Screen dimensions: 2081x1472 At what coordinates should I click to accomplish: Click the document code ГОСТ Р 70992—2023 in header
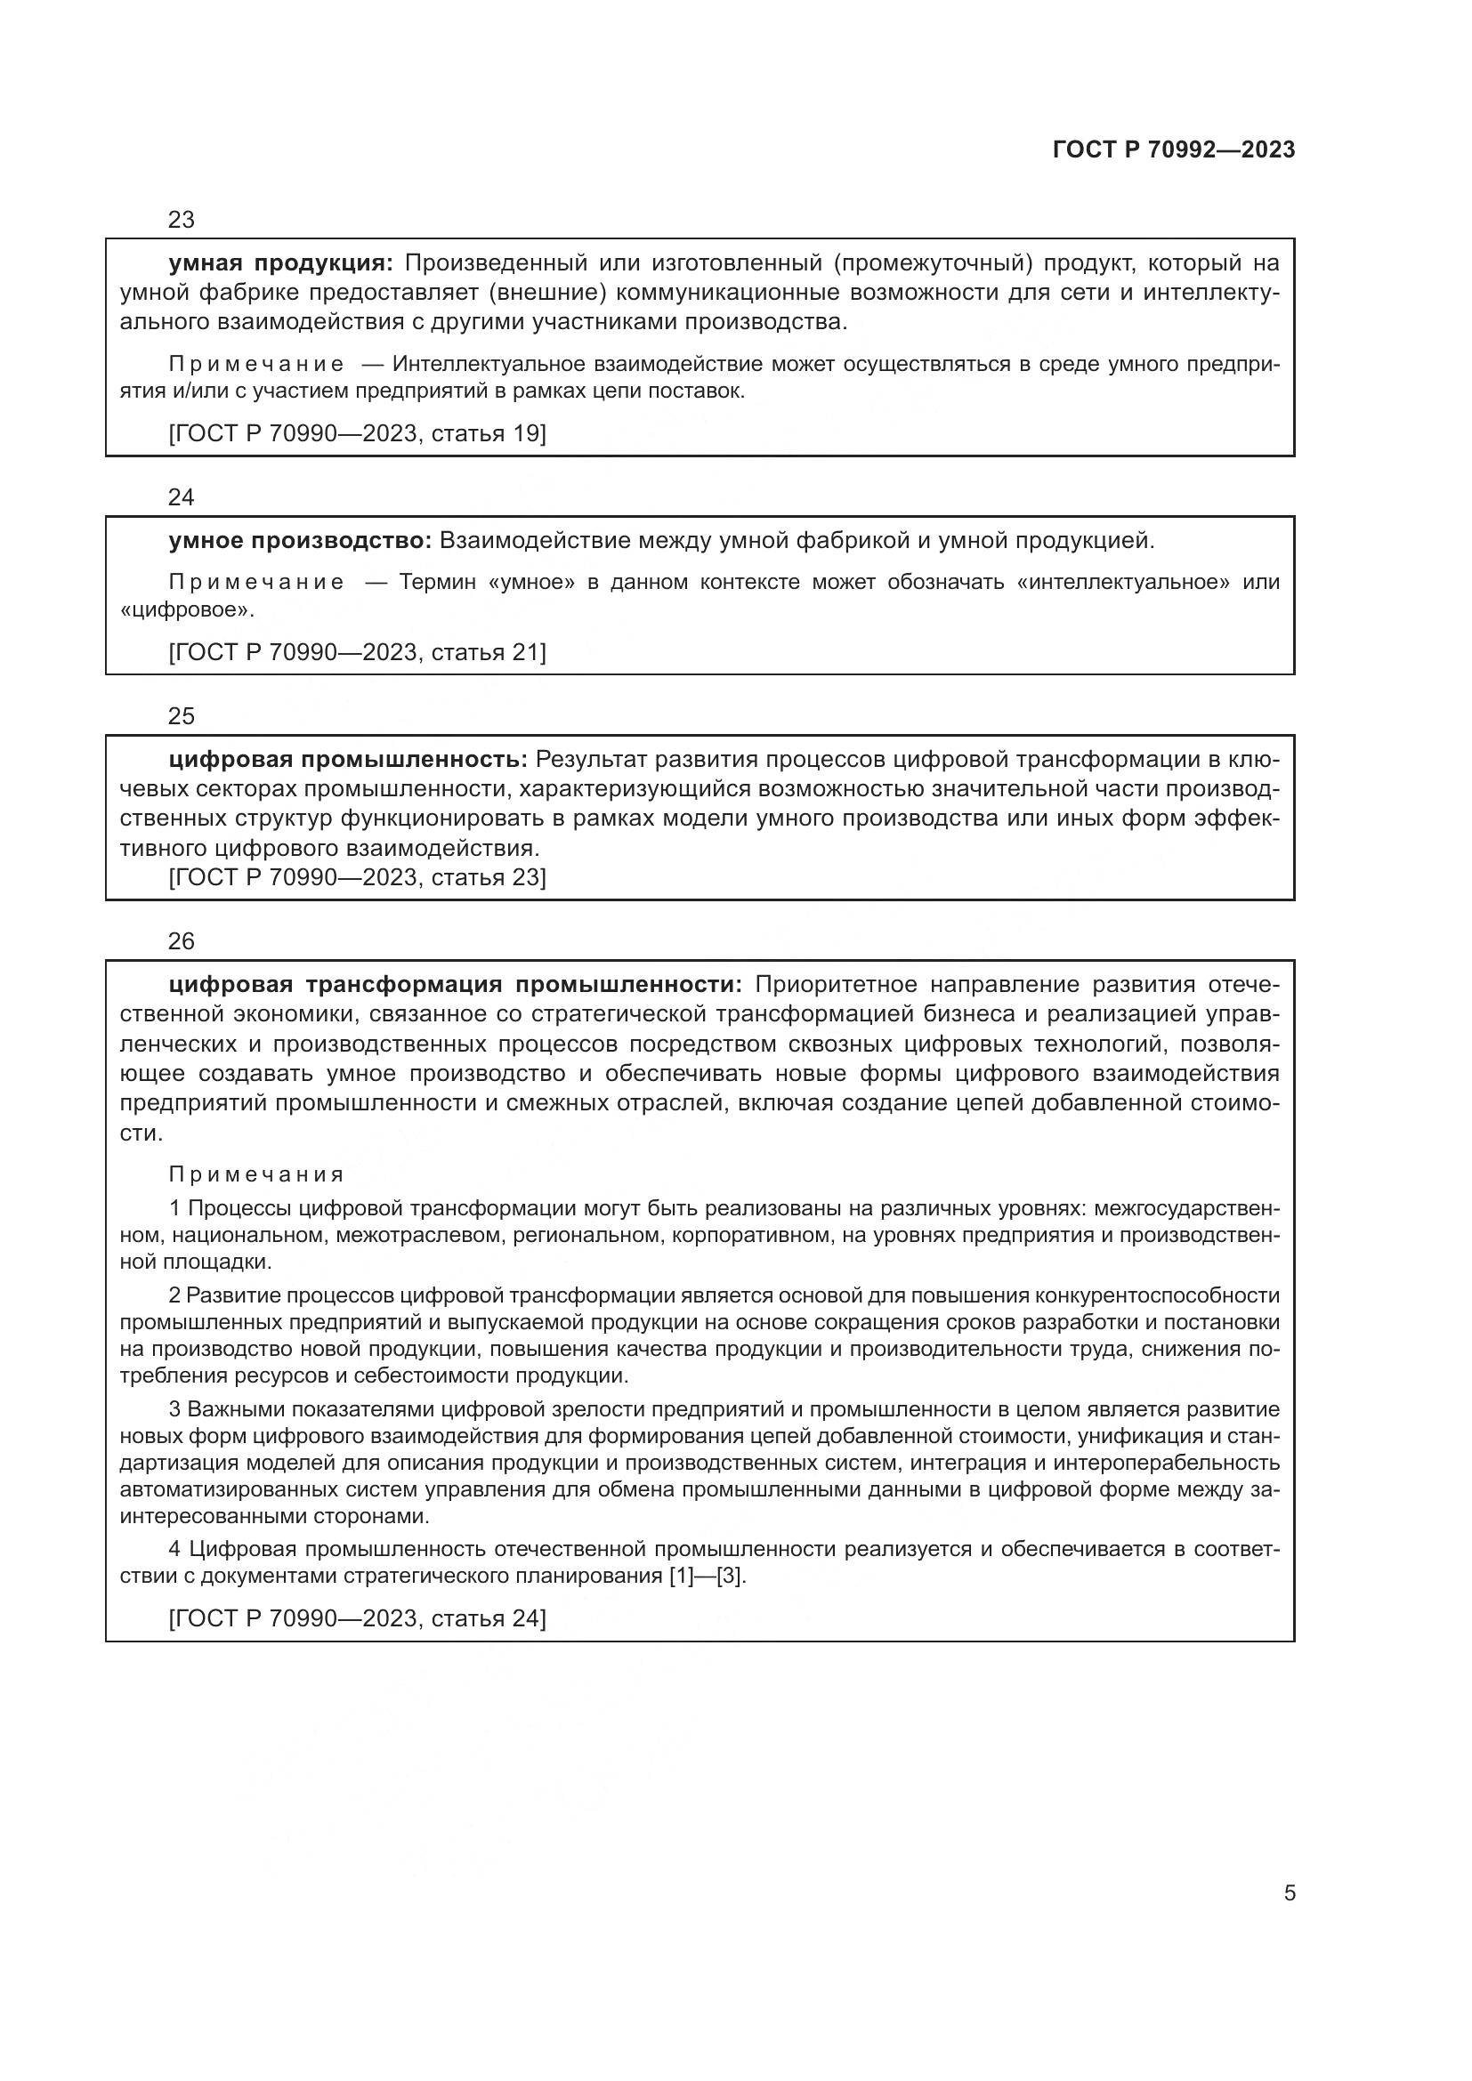(1173, 150)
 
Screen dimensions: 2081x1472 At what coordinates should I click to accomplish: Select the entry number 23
(182, 221)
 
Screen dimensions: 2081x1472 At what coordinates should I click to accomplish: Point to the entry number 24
(182, 497)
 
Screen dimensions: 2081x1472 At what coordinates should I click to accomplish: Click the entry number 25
(182, 717)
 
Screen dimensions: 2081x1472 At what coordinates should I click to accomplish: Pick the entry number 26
(182, 941)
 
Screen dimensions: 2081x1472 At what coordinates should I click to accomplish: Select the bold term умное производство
(300, 541)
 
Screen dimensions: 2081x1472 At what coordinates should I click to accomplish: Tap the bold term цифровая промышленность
(348, 760)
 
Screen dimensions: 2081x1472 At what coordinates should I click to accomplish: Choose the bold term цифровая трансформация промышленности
(455, 985)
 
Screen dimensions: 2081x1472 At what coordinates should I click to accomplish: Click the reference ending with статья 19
(357, 434)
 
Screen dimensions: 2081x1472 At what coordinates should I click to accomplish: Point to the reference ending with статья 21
(357, 652)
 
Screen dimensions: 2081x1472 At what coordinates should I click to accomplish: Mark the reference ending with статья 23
(357, 877)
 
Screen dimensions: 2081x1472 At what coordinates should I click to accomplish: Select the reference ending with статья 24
(357, 1618)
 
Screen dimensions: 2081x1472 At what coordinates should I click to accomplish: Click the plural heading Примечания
(256, 1175)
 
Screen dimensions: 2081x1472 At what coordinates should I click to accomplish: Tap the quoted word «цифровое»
(186, 611)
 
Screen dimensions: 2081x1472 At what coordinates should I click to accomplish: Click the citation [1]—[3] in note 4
(706, 1577)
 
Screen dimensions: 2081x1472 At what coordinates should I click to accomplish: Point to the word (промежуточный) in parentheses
(933, 263)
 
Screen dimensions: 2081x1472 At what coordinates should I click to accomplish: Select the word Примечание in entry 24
(256, 583)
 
